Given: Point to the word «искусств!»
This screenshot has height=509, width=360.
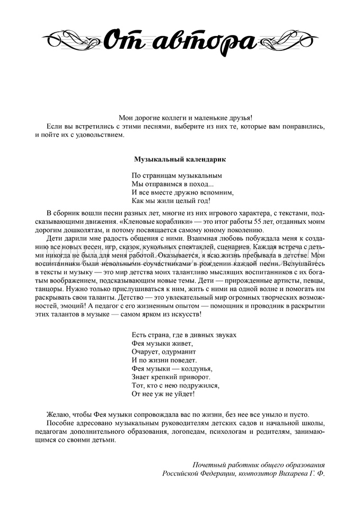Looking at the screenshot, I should point(187,314).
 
